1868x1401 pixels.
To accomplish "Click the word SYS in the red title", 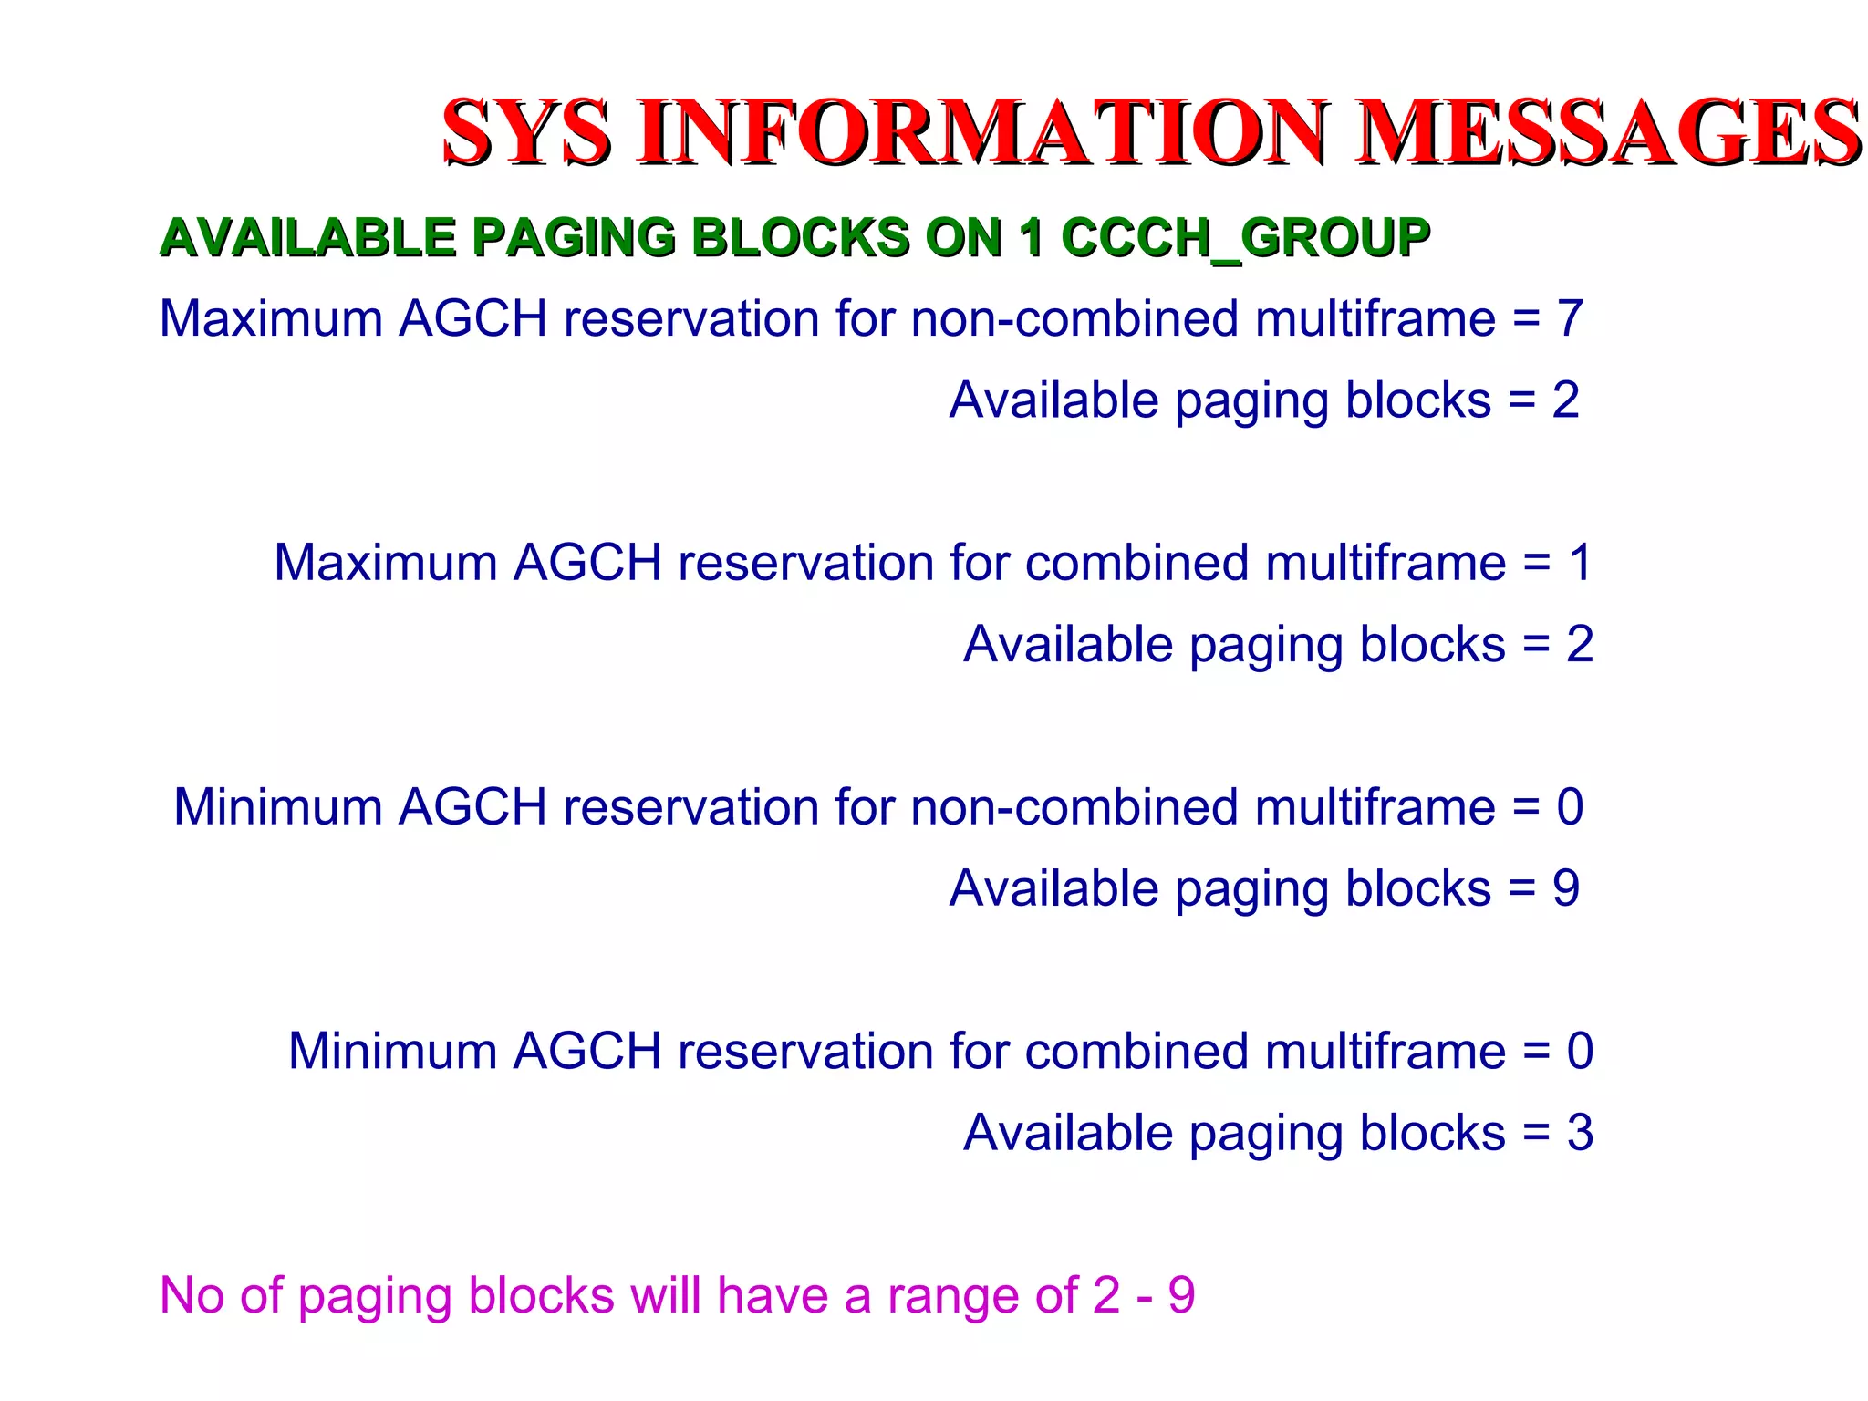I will [526, 133].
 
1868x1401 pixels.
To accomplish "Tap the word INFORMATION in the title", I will [983, 133].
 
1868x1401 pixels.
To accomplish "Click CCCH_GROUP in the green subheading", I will [1245, 239].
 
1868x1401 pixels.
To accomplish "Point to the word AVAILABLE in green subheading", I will [307, 239].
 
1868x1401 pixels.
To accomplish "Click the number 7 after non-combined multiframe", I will [1569, 319].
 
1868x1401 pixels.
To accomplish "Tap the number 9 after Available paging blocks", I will [1566, 888].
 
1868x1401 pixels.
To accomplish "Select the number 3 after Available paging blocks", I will [1580, 1133].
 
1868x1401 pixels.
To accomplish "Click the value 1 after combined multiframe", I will [1581, 563].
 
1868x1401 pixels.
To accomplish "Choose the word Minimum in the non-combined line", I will [278, 807].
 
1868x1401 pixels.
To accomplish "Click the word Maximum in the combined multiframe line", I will [386, 563].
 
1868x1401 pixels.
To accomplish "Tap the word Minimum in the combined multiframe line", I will [393, 1052].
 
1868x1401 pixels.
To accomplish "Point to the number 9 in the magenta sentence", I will [1181, 1296].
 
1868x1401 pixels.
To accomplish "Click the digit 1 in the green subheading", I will [1032, 239].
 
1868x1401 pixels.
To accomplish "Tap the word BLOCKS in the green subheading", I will [800, 239].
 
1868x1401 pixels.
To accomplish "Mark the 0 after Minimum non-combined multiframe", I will [1570, 807].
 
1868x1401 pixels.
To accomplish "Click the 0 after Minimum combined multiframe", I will [1580, 1052].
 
